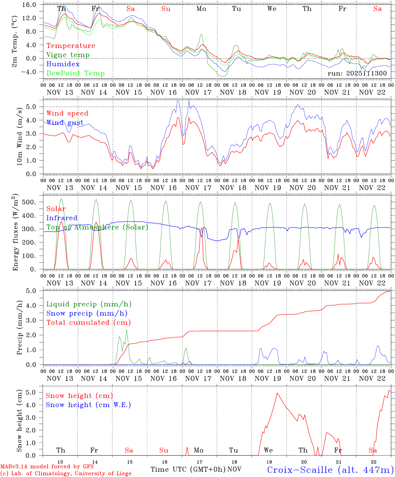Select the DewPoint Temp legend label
point(75,73)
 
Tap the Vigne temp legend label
point(68,55)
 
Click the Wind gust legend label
point(65,123)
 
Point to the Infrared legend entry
point(62,218)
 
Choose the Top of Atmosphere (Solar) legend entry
point(97,227)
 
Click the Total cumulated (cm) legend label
point(89,322)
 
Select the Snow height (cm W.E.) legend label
point(88,405)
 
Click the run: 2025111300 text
point(357,73)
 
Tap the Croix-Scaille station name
point(330,470)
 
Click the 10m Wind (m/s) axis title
point(20,136)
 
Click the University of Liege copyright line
point(66,473)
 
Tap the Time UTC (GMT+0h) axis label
point(188,469)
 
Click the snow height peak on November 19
point(277,393)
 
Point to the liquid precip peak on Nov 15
point(126,329)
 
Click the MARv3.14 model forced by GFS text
point(47,466)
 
